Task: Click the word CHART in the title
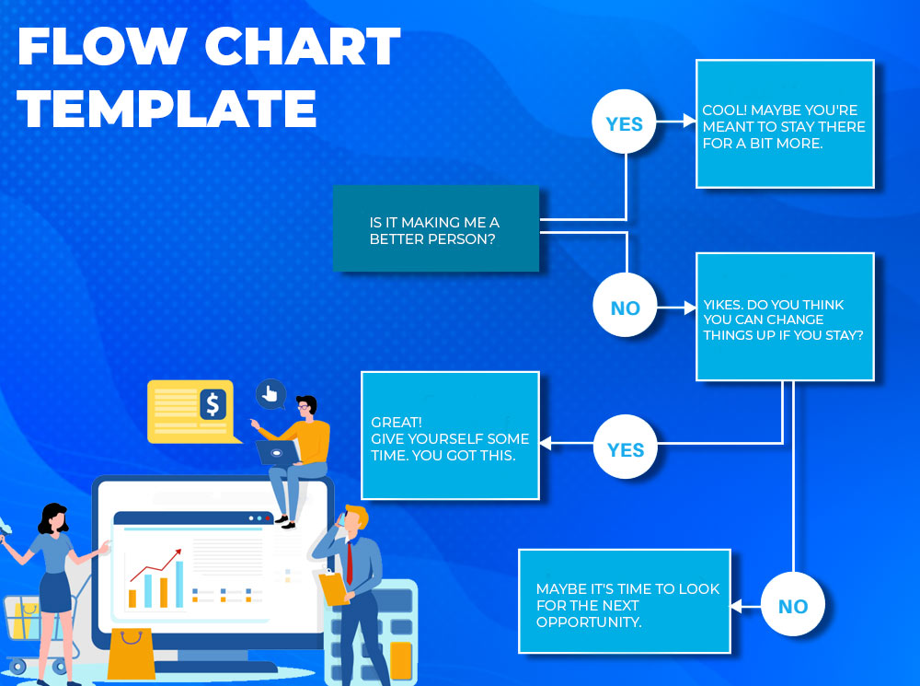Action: tap(302, 46)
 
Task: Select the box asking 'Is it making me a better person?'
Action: tap(436, 228)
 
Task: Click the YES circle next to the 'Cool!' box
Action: tap(625, 122)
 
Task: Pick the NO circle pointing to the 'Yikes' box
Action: tap(626, 306)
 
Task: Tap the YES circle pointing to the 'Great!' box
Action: tap(626, 447)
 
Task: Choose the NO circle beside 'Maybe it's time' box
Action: tap(793, 604)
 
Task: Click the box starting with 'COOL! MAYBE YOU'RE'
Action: tap(785, 124)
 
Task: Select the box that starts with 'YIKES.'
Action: tap(785, 317)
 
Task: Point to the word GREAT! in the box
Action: tap(397, 423)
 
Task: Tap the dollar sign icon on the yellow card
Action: tap(213, 404)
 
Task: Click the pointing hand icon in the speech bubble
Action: tap(270, 394)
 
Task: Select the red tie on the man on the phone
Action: tap(350, 563)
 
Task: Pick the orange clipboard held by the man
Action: tap(335, 587)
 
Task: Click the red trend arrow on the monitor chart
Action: tap(156, 564)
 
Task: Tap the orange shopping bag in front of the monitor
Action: tap(132, 653)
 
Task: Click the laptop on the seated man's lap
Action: tap(278, 452)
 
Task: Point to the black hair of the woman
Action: tap(53, 517)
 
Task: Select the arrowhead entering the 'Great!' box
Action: tap(546, 444)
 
